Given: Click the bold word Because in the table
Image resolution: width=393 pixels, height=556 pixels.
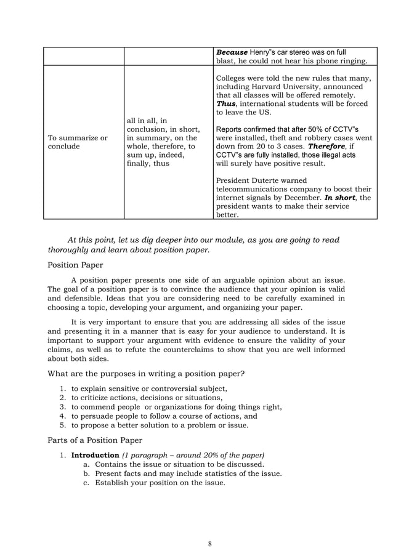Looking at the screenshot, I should click(232, 52).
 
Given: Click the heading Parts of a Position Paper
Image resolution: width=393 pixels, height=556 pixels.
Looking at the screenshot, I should click(94, 440).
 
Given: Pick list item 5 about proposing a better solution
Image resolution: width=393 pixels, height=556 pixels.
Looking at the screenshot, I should click(160, 425).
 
